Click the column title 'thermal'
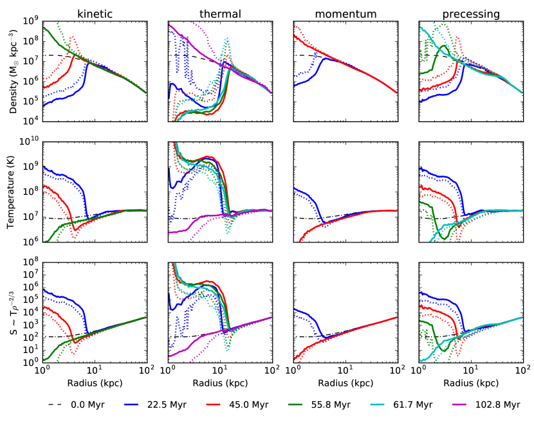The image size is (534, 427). click(219, 13)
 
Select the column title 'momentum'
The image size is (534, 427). click(345, 13)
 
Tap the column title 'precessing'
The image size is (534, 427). click(470, 13)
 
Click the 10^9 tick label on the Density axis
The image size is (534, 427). click(32, 21)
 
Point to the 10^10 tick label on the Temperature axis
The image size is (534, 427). click(30, 141)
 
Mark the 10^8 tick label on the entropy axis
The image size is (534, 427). click(32, 262)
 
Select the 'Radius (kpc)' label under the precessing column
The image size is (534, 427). click(470, 384)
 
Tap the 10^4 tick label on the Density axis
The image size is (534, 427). click(32, 121)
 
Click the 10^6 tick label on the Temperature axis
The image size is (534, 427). click(32, 242)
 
